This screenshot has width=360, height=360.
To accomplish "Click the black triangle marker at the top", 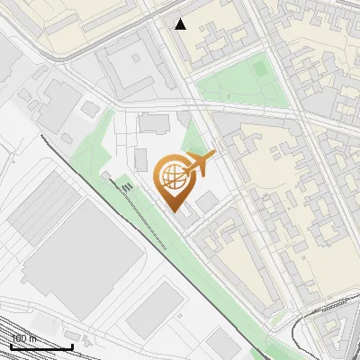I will [181, 24].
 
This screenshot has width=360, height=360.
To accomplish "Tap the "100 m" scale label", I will [23, 338].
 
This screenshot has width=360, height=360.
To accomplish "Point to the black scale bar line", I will [40, 346].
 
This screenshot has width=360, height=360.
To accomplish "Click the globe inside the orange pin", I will [172, 175].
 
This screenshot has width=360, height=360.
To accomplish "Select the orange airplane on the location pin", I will [199, 164].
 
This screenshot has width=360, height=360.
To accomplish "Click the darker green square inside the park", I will [259, 68].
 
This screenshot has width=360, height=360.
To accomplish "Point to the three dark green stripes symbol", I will [127, 186].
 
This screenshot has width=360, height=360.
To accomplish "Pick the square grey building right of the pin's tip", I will [207, 202].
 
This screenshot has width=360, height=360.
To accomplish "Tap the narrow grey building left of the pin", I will [140, 160].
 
